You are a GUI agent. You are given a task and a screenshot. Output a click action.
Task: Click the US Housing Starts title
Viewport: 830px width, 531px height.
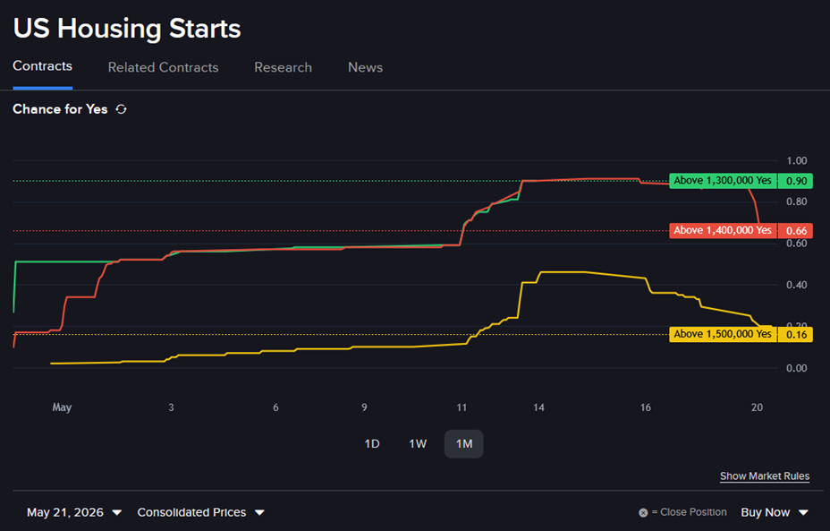point(127,28)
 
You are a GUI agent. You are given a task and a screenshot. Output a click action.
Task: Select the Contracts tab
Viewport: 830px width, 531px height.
point(42,66)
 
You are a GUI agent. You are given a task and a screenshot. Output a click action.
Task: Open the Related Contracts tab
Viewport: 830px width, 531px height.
point(163,67)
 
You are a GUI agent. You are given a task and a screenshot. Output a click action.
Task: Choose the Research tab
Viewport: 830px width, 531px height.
point(284,67)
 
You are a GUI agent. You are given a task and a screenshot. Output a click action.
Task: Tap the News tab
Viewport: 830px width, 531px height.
point(365,67)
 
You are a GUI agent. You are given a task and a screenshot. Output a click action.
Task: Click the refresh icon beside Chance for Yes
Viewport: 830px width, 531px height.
point(122,109)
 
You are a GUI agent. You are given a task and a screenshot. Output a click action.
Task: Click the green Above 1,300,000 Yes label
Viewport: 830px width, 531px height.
point(723,181)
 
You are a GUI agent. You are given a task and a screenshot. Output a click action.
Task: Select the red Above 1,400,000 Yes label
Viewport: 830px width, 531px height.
point(723,230)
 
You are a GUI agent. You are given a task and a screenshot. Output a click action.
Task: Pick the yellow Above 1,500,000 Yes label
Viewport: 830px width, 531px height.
point(723,334)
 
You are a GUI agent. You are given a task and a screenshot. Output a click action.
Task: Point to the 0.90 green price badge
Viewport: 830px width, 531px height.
point(796,181)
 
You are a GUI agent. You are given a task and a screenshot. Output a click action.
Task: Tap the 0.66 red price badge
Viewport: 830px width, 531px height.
point(796,230)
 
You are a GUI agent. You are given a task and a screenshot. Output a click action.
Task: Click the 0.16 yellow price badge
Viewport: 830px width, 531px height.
point(796,334)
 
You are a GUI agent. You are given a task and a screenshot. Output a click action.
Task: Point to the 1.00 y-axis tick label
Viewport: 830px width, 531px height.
point(797,160)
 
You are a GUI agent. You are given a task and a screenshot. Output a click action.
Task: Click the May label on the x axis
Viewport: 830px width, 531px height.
point(62,407)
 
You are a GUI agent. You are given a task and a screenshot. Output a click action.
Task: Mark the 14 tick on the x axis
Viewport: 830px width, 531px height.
point(538,407)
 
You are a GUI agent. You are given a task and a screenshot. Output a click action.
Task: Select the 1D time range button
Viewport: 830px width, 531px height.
point(372,444)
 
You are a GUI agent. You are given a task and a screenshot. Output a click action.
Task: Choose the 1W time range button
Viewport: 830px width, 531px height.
point(418,444)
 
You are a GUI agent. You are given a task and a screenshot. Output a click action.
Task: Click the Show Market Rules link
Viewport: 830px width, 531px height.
point(765,475)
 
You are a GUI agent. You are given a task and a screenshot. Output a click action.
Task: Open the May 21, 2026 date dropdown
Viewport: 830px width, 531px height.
point(74,512)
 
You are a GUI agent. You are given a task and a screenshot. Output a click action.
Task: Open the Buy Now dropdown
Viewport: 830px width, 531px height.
point(775,512)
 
